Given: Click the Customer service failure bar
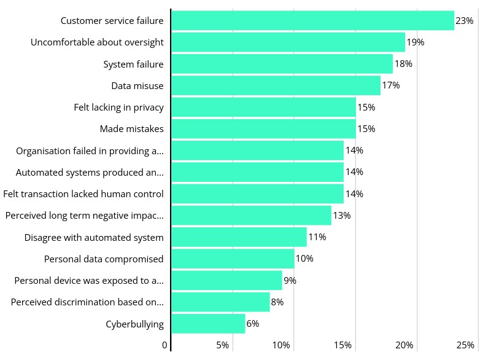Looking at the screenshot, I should (x=312, y=21).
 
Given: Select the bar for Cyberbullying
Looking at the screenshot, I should (x=208, y=324).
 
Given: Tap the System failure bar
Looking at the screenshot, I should (x=282, y=64).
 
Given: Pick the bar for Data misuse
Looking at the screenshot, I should (x=276, y=85).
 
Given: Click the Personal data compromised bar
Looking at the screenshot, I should (x=233, y=259).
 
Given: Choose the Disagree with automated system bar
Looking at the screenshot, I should (x=239, y=237).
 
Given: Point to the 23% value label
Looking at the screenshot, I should (x=465, y=21).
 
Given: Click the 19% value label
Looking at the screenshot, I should (x=416, y=42).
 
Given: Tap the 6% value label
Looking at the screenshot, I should (x=253, y=324).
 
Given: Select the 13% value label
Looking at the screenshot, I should (x=342, y=216).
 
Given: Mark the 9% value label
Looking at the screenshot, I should (x=290, y=281).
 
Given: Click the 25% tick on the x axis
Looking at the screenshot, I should (x=466, y=345).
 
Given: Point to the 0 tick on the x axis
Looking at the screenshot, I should (x=164, y=345).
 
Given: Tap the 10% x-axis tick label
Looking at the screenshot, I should (x=281, y=345).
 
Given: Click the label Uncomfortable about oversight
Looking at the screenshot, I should (x=97, y=42).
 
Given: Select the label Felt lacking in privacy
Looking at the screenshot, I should (x=118, y=108).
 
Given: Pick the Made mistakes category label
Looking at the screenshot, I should (x=131, y=129).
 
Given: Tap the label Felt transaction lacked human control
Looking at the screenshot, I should (x=83, y=194).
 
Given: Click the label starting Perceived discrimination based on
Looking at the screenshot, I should (x=87, y=302).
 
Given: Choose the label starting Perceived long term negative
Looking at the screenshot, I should (x=84, y=216).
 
